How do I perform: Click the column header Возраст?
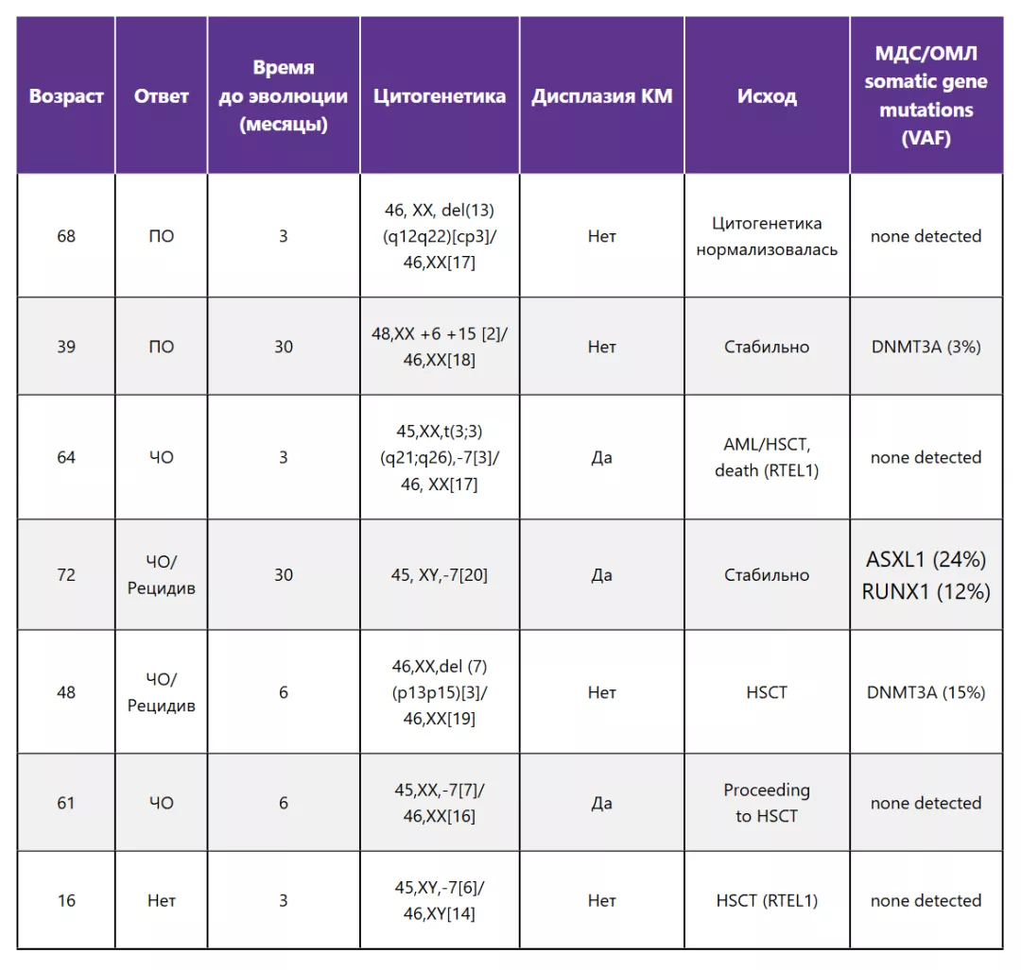(x=66, y=96)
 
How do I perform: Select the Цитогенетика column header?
(x=440, y=96)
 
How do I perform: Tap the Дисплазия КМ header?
(x=602, y=96)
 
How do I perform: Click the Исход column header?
(x=767, y=96)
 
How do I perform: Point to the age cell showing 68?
(x=66, y=236)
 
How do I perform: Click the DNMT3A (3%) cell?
(x=926, y=347)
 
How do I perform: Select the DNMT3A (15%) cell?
(x=926, y=692)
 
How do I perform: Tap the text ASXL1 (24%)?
(x=926, y=559)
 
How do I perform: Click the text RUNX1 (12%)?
(x=926, y=591)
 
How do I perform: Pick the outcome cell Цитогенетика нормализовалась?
(x=767, y=236)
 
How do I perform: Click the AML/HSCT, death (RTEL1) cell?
(x=767, y=457)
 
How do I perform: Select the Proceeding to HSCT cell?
(x=767, y=803)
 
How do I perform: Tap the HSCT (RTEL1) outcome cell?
(x=767, y=900)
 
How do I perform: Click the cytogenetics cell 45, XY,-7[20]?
(x=440, y=574)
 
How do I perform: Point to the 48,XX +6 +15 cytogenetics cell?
(x=440, y=347)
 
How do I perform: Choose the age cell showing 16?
(x=66, y=900)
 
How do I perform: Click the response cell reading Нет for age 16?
(x=162, y=900)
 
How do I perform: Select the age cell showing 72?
(x=66, y=574)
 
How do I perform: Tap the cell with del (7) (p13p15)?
(x=440, y=692)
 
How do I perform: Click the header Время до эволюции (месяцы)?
(x=284, y=96)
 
